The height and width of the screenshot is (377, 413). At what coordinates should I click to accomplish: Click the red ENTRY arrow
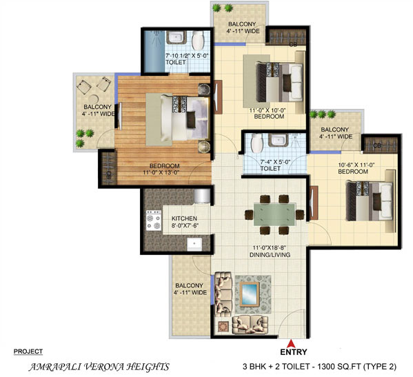290,343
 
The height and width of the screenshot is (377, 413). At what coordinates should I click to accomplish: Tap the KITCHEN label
184,218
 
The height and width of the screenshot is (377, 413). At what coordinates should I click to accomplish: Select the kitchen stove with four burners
154,220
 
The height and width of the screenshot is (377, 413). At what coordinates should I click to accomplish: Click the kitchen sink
194,244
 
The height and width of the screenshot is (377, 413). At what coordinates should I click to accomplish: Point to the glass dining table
274,214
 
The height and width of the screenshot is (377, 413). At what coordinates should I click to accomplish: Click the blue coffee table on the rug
249,294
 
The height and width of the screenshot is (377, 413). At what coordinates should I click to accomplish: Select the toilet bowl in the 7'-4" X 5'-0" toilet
256,143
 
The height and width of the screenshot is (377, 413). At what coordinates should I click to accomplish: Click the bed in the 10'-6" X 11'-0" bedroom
370,201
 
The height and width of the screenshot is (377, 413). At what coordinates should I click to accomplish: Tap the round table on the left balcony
93,99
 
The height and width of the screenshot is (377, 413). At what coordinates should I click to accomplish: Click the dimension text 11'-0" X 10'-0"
268,110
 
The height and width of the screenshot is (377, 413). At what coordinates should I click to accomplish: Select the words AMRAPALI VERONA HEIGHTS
99,367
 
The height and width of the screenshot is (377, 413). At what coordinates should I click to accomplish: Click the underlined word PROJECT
28,351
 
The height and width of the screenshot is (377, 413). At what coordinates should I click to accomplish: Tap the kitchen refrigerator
202,196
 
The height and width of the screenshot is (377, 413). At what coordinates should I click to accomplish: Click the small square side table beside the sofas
223,327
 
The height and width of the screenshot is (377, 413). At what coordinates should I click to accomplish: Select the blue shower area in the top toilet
154,51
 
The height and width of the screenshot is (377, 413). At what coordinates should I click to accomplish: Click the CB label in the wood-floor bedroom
108,175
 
